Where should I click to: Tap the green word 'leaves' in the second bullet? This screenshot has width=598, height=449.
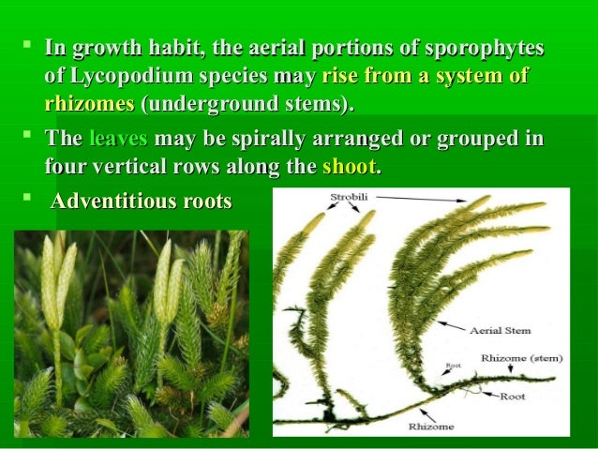[117, 141]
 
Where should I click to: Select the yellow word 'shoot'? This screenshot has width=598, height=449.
[350, 168]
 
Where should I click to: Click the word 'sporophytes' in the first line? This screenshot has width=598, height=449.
[485, 47]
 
